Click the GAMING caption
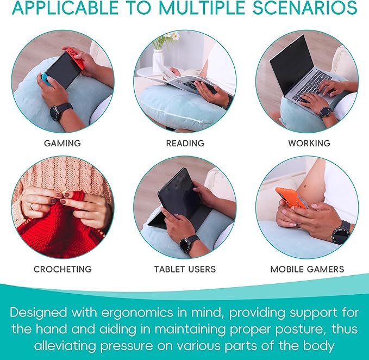pos(62,143)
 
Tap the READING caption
pos(185,143)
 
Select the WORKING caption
pos(309,143)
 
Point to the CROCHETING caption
pos(62,269)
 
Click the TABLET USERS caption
pos(185,269)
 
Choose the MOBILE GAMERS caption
pos(307,269)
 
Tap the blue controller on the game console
pos(46,79)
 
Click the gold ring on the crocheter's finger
pos(32,206)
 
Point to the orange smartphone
pos(291,198)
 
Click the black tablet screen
pos(179,193)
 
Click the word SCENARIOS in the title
pos(305,8)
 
